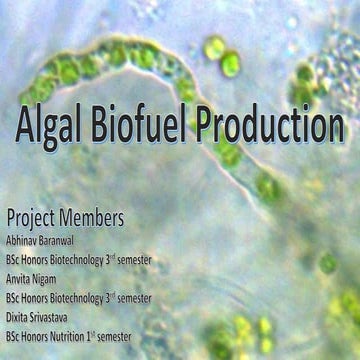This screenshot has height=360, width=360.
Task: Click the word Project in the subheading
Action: (31, 218)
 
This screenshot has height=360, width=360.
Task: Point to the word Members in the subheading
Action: (92, 217)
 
